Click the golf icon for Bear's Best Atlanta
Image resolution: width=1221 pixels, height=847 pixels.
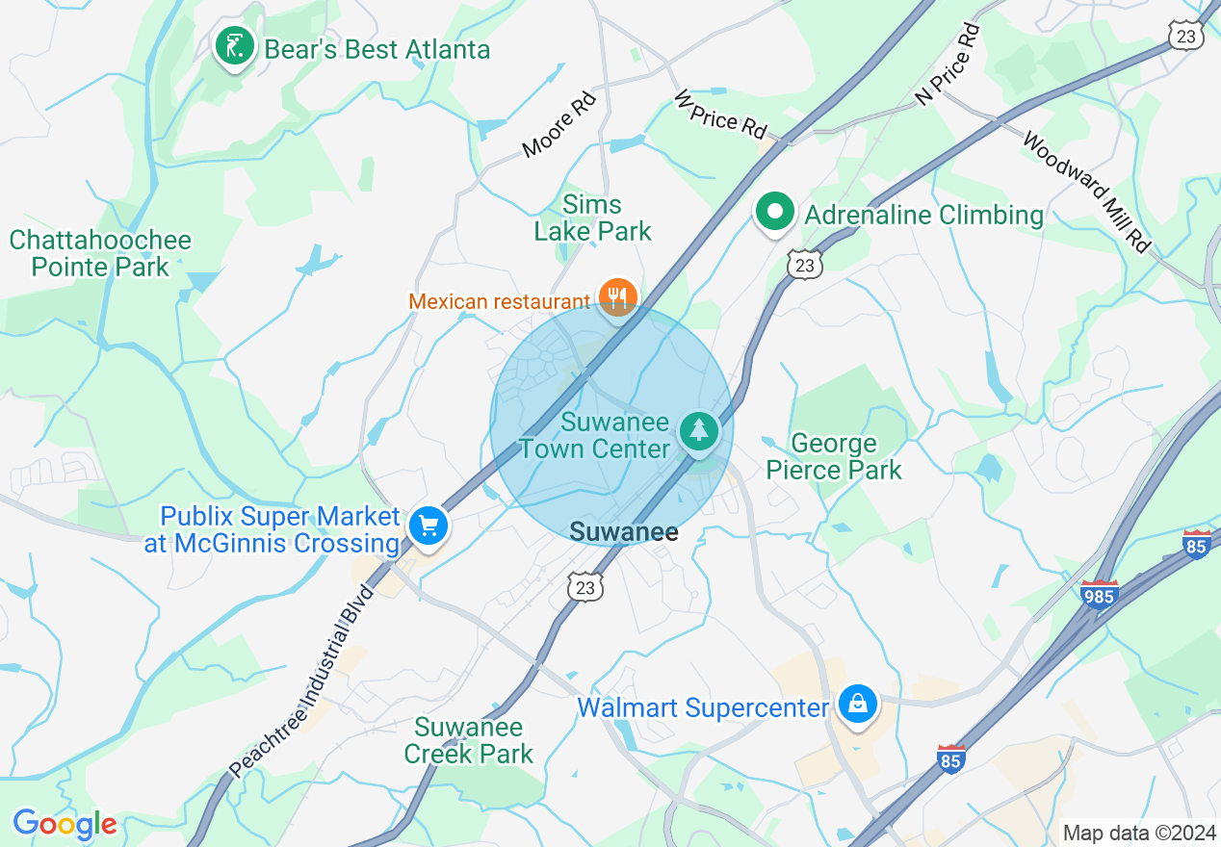[x=234, y=45]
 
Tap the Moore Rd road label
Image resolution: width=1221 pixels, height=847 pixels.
[x=559, y=124]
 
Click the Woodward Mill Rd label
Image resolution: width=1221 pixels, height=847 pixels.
[x=1086, y=192]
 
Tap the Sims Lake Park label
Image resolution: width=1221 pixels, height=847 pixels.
[x=592, y=218]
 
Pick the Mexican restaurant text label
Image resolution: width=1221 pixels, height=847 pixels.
[x=498, y=302]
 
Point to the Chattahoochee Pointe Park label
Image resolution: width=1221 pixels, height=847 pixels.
[x=101, y=253]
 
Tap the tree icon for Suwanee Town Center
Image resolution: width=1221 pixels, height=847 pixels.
[x=698, y=430]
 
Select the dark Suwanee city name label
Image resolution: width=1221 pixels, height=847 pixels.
[x=624, y=532]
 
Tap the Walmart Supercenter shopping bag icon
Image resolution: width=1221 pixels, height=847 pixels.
[x=856, y=704]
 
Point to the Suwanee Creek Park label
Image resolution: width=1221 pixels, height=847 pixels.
[x=468, y=740]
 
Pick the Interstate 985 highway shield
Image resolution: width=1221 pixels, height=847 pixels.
[x=1099, y=594]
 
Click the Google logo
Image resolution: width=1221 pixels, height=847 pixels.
[x=65, y=824]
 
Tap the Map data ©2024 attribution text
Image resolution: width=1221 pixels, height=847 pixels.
[x=1137, y=833]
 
